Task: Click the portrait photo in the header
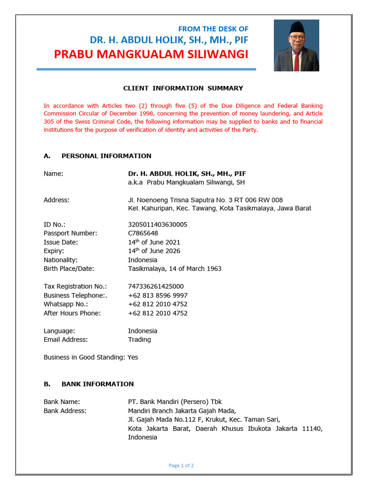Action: [x=296, y=45]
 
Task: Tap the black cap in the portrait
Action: [x=297, y=27]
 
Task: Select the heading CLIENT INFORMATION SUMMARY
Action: [x=183, y=88]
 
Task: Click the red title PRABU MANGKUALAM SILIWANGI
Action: [x=151, y=54]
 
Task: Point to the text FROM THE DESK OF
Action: [x=213, y=29]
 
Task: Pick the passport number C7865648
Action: [x=143, y=234]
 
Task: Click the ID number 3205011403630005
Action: [x=158, y=224]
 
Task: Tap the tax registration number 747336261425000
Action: [x=156, y=287]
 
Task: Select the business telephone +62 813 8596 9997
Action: [x=158, y=296]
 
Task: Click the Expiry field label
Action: [x=54, y=251]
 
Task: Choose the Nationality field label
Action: [x=61, y=260]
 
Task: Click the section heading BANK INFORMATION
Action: [x=97, y=384]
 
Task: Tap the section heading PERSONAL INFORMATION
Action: [x=106, y=156]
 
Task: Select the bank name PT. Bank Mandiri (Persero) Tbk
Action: [x=175, y=402]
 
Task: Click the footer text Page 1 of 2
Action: [x=181, y=466]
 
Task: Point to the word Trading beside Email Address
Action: [x=140, y=340]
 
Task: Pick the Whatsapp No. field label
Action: [x=66, y=304]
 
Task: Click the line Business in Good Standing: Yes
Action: [x=91, y=357]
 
